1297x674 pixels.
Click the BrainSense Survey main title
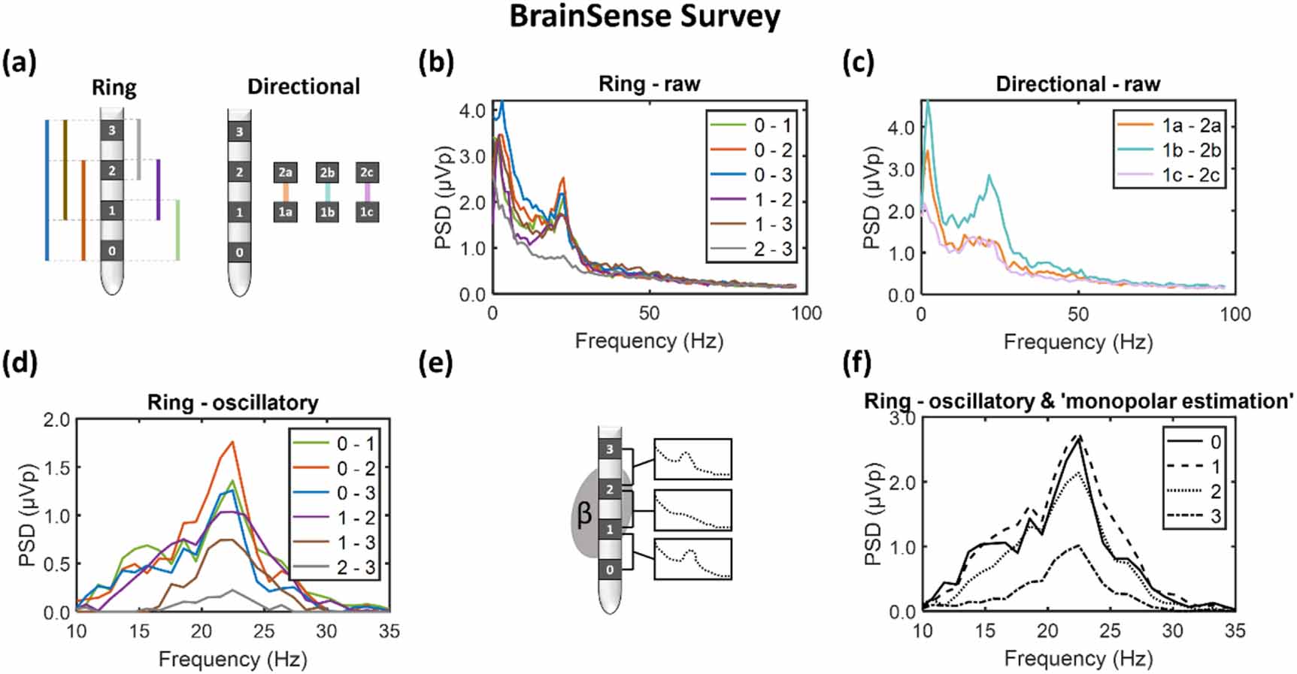(x=644, y=17)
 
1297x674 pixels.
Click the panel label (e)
(x=436, y=363)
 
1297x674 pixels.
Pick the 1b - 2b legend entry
(x=1191, y=150)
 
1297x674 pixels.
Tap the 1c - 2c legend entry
(x=1191, y=175)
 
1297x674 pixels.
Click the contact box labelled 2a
(x=285, y=172)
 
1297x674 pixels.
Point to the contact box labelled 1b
(x=327, y=213)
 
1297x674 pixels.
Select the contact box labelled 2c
(x=367, y=172)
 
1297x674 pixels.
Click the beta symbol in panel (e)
(x=584, y=515)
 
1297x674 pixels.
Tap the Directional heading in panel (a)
(x=304, y=86)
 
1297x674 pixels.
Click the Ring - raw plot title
(x=649, y=83)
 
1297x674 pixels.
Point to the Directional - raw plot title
(x=1077, y=83)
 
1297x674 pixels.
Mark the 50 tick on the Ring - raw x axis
(x=649, y=313)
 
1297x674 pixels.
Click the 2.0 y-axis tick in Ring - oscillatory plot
(x=57, y=420)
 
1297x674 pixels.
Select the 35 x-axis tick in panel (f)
(x=1235, y=631)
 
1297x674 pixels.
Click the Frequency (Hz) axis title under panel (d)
(x=232, y=660)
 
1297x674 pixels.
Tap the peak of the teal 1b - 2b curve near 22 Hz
(x=989, y=176)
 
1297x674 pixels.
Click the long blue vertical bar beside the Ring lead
(x=47, y=190)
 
